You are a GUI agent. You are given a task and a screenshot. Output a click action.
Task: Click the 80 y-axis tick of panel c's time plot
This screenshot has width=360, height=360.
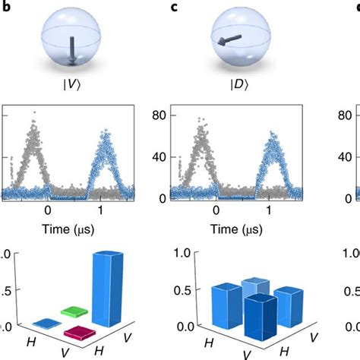(x=159, y=116)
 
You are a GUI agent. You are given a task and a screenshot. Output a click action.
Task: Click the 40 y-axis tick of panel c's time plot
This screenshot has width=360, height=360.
(x=159, y=158)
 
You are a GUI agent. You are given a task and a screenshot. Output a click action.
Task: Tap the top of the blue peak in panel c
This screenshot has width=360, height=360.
(x=273, y=135)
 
